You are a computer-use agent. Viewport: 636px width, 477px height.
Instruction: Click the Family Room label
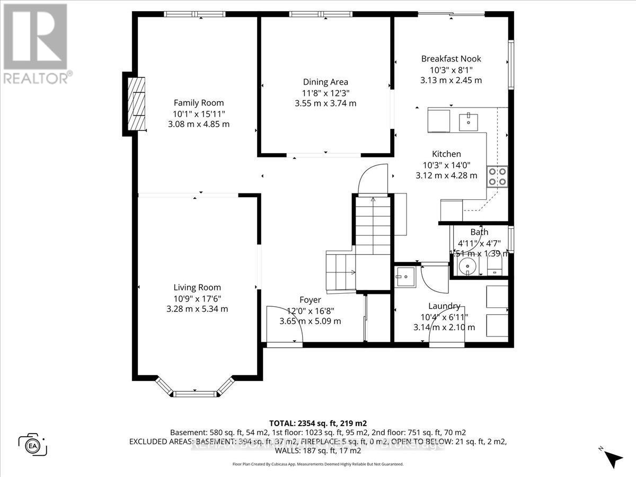click(199, 103)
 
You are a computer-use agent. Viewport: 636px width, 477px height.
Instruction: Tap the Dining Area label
click(325, 82)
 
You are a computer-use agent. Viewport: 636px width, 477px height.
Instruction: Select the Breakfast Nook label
click(451, 59)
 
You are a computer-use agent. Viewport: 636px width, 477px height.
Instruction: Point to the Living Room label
click(197, 287)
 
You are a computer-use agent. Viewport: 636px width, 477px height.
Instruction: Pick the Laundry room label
click(444, 306)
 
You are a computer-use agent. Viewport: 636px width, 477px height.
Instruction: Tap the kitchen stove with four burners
click(497, 176)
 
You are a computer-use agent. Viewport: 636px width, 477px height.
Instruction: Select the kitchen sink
click(469, 122)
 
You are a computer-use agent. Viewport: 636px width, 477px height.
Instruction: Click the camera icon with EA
click(33, 444)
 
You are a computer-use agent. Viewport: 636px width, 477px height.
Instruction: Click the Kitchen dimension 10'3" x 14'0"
click(449, 165)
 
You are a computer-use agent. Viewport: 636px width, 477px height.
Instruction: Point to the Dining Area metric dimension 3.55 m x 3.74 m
click(325, 103)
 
